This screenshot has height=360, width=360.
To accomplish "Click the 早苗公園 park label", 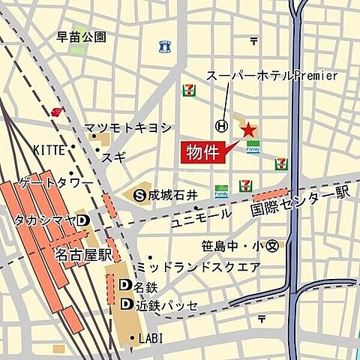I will click(x=82, y=36).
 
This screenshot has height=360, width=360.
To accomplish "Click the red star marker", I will click(x=247, y=130).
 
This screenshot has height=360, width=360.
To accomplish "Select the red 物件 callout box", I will click(x=202, y=152).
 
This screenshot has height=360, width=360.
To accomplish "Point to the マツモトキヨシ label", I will click(x=127, y=127).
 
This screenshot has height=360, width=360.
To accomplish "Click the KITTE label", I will click(x=49, y=150).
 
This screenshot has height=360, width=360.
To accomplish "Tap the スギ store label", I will click(x=117, y=157).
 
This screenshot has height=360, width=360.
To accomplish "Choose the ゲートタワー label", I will click(x=56, y=182).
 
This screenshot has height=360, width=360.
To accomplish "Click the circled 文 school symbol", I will click(x=272, y=244).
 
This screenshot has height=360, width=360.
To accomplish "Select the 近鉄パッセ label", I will click(x=166, y=304).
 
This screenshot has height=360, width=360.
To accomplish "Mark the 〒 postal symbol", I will click(x=254, y=40).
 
